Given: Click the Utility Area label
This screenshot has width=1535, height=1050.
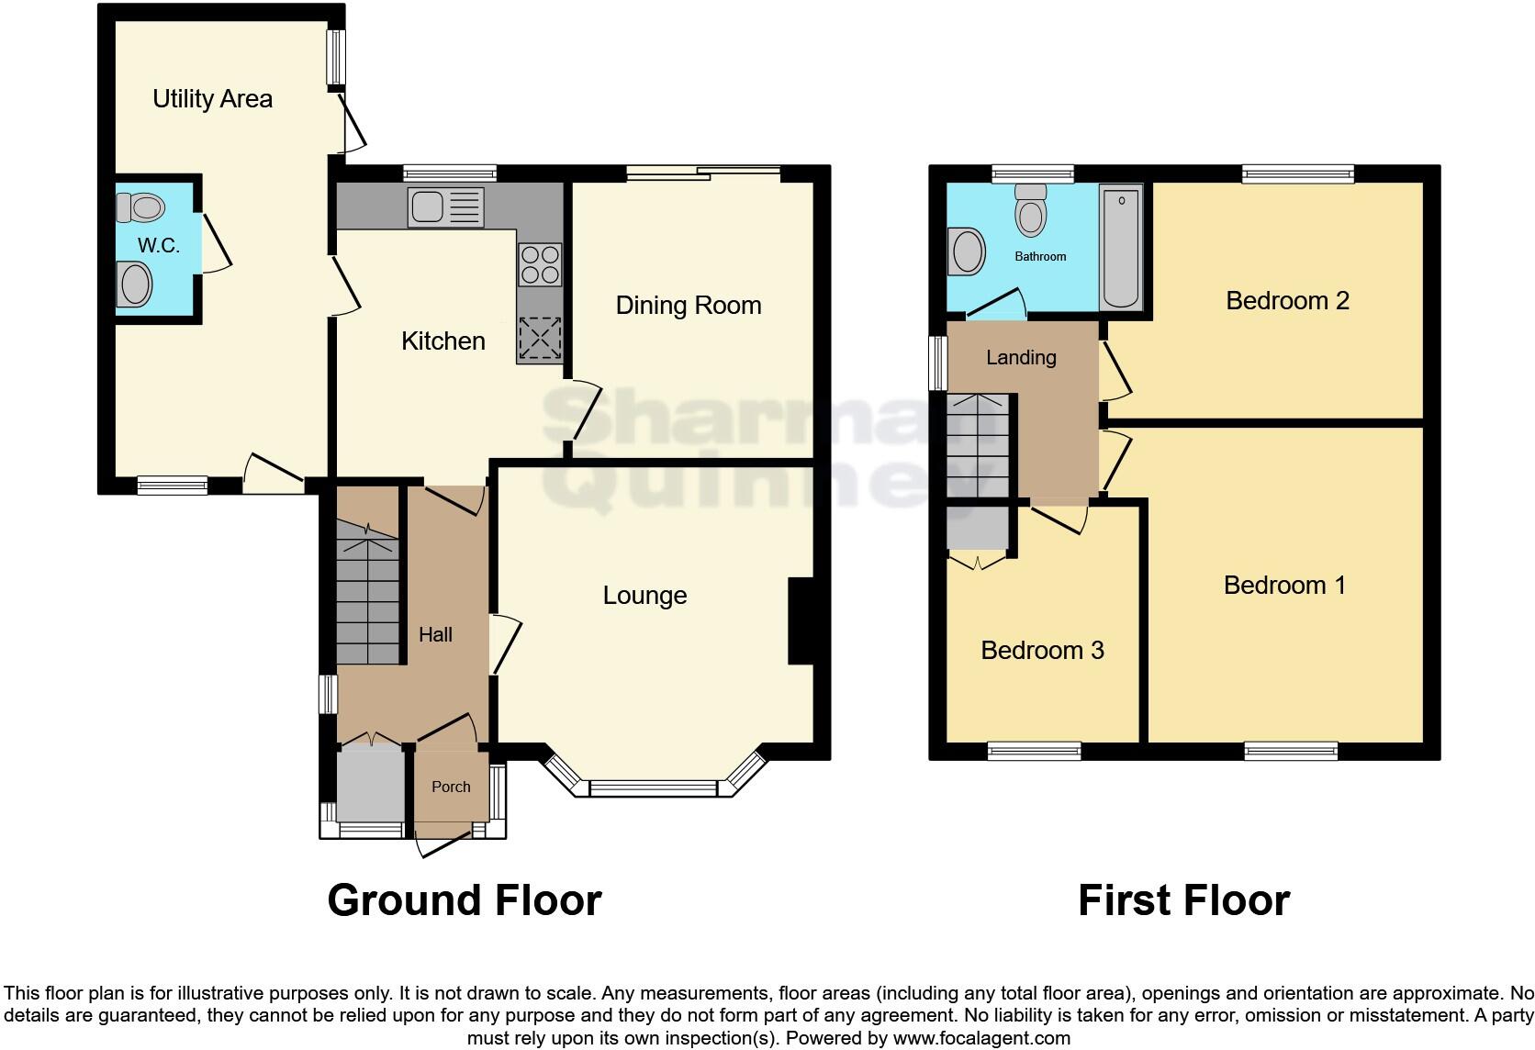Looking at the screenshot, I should coord(212,99).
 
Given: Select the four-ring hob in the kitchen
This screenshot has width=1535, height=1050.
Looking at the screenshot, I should coord(539,263).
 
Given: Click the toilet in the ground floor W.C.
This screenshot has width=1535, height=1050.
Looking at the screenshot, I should coord(140,207).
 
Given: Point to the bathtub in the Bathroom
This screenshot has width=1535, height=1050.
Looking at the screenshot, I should coord(1121,248).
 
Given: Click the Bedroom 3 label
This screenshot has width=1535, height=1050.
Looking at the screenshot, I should coord(1042,651).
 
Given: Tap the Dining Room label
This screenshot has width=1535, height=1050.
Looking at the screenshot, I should coord(688,306).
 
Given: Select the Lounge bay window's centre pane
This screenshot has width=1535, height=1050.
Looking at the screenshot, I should coord(653,787).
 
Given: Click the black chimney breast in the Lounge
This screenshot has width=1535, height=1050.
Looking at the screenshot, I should coord(801,620).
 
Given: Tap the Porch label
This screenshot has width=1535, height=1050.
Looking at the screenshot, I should coord(451,787).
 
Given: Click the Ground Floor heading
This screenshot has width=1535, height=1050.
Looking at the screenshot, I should coord(464,900).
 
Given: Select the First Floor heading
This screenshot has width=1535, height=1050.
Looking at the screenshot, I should coord(1183,900).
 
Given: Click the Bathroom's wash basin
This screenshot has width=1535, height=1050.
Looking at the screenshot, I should coord(969,251).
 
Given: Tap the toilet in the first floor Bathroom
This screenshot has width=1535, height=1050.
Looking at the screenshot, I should coord(1032,211).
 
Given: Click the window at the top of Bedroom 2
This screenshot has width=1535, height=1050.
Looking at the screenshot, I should coord(1297,173).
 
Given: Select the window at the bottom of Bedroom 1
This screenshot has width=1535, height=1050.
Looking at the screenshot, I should coord(1291,752).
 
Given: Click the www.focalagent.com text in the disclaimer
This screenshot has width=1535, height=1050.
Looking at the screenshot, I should coord(980,1039).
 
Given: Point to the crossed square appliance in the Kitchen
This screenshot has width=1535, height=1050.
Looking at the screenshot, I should coord(539,339).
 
